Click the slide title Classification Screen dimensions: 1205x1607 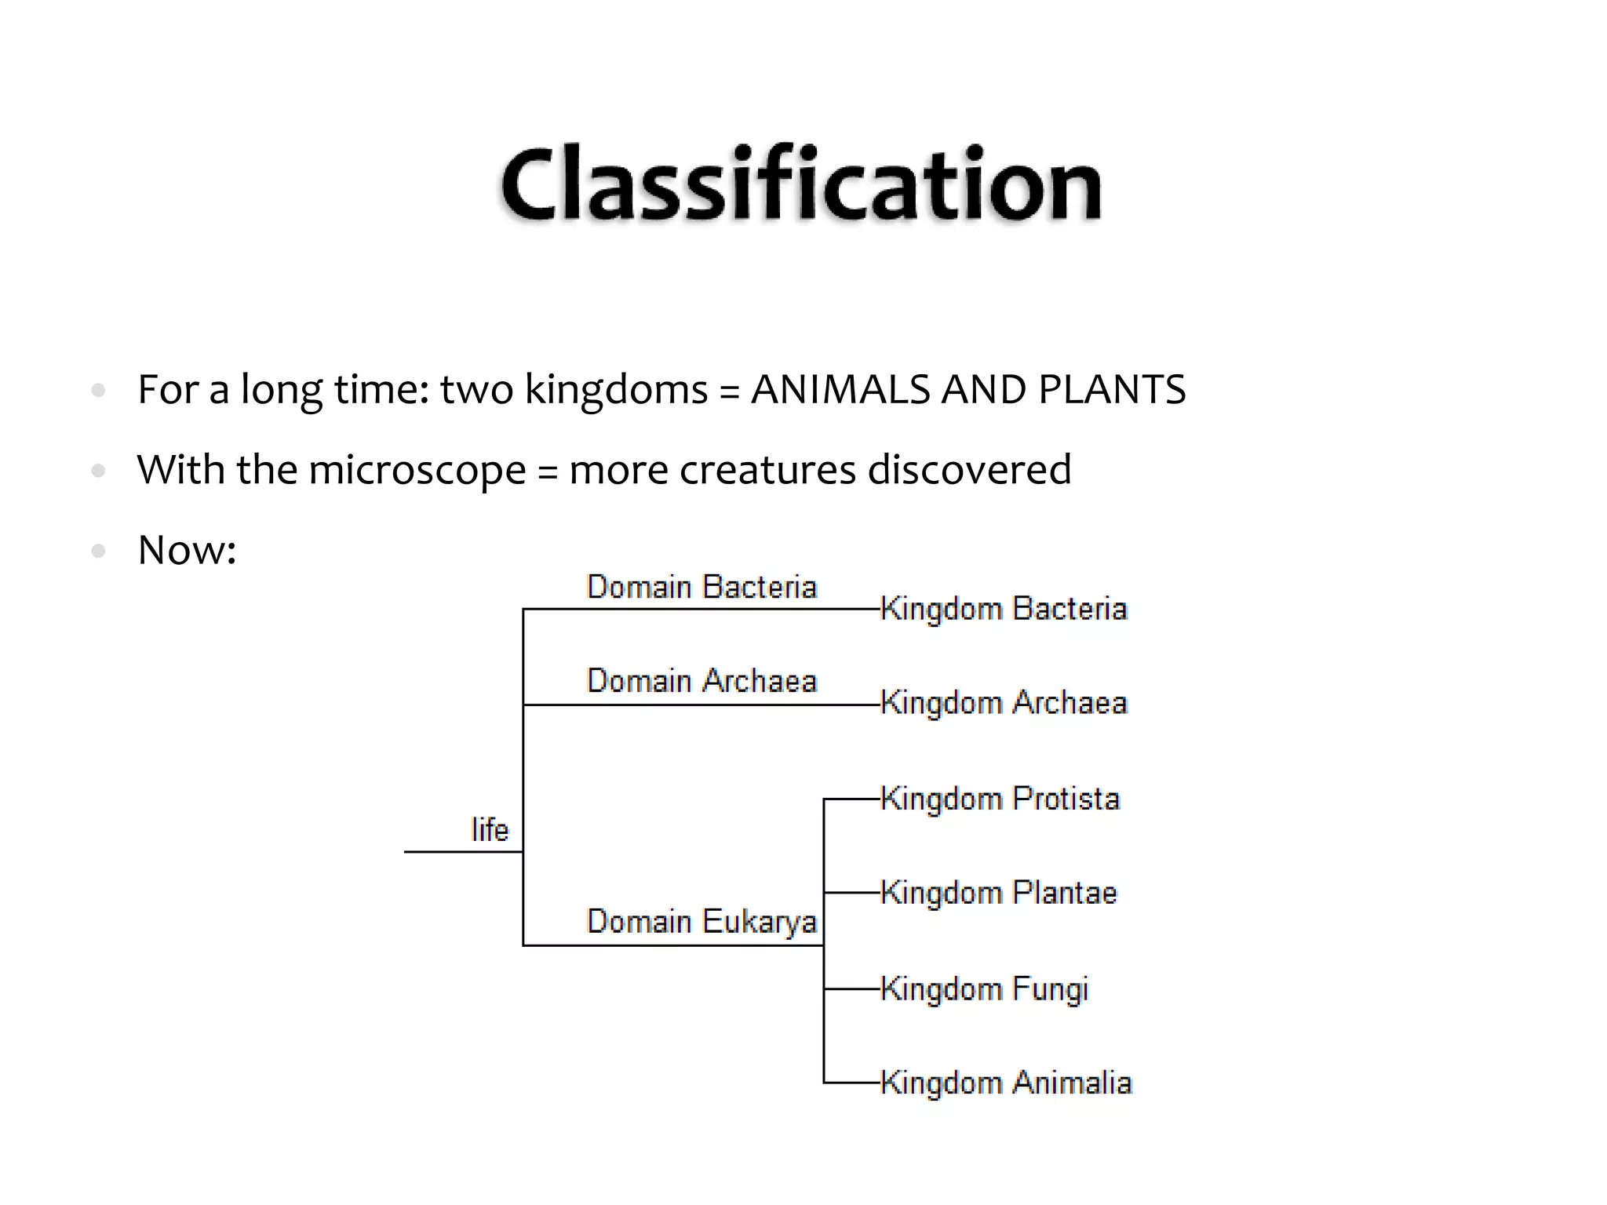pyautogui.click(x=801, y=184)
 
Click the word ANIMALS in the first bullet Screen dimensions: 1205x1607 pyautogui.click(x=840, y=390)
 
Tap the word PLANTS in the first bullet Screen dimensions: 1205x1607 pyautogui.click(x=1112, y=390)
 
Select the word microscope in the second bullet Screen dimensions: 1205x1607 pyautogui.click(x=417, y=471)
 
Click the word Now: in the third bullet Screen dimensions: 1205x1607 pyautogui.click(x=187, y=550)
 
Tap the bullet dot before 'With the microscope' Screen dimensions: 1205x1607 pyautogui.click(x=98, y=471)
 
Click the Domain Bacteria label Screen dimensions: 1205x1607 pyautogui.click(x=701, y=588)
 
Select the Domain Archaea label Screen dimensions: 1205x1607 pyautogui.click(x=701, y=681)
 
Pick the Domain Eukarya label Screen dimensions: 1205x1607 pyautogui.click(x=701, y=922)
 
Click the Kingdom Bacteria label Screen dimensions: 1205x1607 pyautogui.click(x=1004, y=609)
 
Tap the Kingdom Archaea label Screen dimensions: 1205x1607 pyautogui.click(x=1004, y=703)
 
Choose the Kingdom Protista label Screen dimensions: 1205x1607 pyautogui.click(x=1000, y=799)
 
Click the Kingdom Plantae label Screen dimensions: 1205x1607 pyautogui.click(x=998, y=893)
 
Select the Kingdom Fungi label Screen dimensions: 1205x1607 pyautogui.click(x=984, y=989)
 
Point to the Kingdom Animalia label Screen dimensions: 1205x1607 pyautogui.click(x=1006, y=1083)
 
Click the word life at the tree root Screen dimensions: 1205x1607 pyautogui.click(x=490, y=830)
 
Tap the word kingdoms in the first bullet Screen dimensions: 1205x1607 pyautogui.click(x=616, y=390)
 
